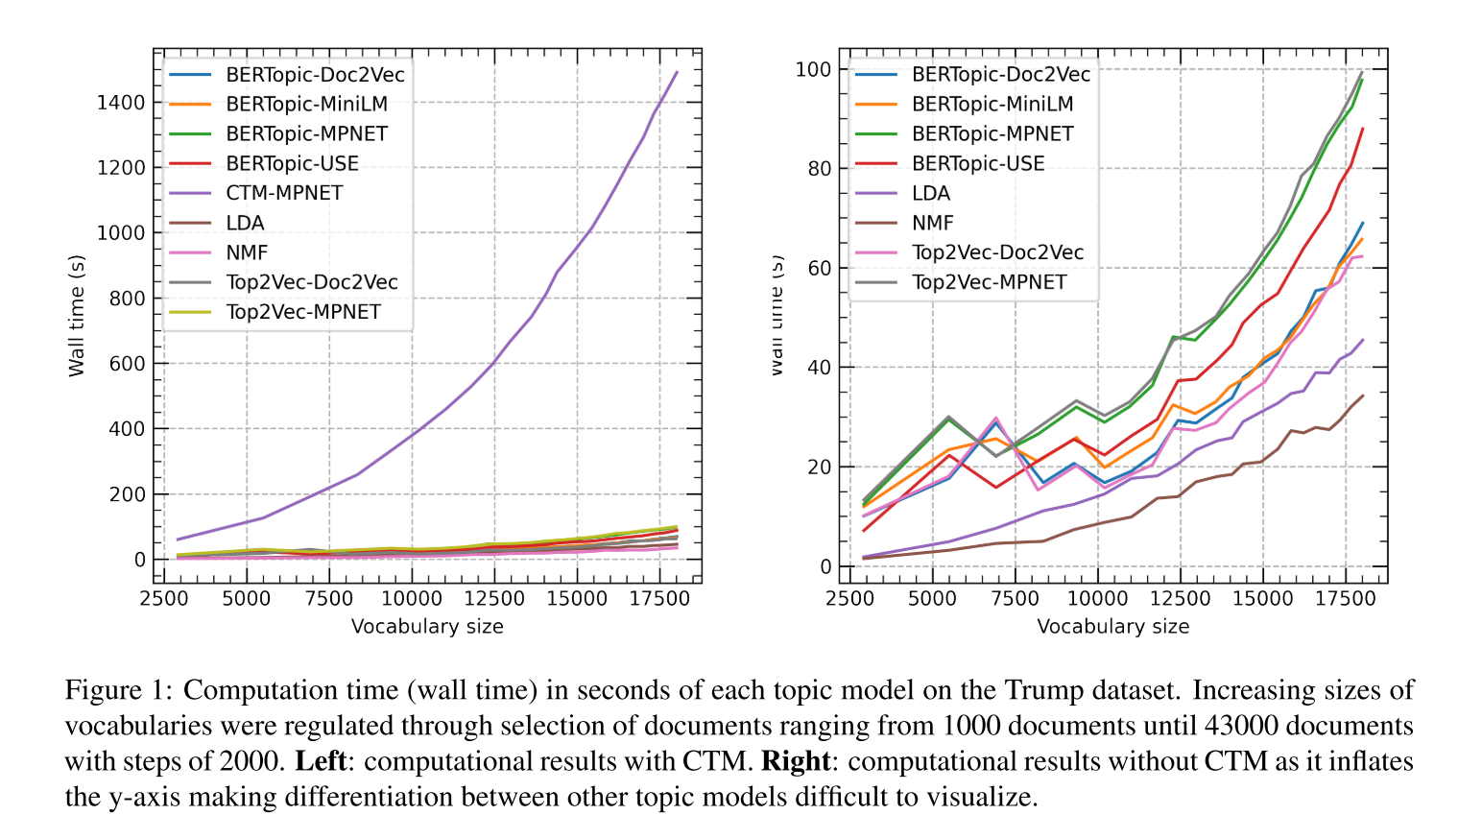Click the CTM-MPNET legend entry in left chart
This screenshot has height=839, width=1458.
tap(284, 193)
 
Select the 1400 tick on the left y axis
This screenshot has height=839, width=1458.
tap(121, 103)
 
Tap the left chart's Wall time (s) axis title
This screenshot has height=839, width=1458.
tap(77, 316)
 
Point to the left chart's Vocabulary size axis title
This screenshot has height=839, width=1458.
tap(427, 627)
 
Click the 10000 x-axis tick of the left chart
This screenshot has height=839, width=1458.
tap(412, 599)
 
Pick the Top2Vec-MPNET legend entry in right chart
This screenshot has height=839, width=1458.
tap(989, 282)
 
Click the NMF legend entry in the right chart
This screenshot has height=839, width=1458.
tap(932, 223)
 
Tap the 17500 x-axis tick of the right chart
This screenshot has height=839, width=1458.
tap(1345, 599)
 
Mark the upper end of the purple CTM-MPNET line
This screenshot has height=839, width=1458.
tap(677, 72)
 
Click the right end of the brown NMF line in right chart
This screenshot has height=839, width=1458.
tap(1363, 396)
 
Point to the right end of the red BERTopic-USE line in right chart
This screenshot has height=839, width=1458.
tap(1363, 129)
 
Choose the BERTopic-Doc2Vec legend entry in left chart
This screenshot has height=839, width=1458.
tap(315, 74)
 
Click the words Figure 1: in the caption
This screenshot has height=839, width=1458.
tap(119, 690)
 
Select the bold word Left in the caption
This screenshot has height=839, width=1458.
tap(320, 761)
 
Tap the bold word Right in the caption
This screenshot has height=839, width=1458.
tap(795, 761)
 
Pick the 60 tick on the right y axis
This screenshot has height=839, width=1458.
tap(819, 268)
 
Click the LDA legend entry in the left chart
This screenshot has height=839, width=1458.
tap(245, 223)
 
